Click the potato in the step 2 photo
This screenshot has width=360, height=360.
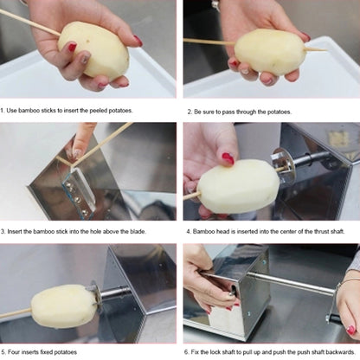point(269,51)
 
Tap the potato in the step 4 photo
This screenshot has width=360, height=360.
point(237,186)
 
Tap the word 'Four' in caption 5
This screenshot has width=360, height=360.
point(16,351)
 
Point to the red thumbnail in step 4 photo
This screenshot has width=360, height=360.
point(228,158)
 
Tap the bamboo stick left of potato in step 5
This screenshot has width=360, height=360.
point(15,312)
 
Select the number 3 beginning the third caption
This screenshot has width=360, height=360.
point(3,231)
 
